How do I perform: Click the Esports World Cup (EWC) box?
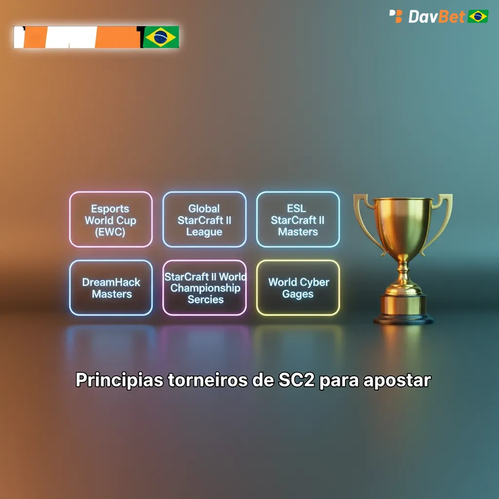pyautogui.click(x=111, y=219)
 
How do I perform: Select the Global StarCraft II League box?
pyautogui.click(x=204, y=219)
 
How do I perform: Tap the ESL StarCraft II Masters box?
pyautogui.click(x=298, y=219)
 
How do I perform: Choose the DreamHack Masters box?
pyautogui.click(x=111, y=288)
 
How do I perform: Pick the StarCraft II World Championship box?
pyautogui.click(x=204, y=288)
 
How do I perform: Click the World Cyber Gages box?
pyautogui.click(x=298, y=288)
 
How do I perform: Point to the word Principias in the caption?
pyautogui.click(x=119, y=380)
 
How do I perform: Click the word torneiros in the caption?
pyautogui.click(x=208, y=380)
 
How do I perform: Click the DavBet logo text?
pyautogui.click(x=436, y=17)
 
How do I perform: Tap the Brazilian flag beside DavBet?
pyautogui.click(x=478, y=17)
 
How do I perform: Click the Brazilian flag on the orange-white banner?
pyautogui.click(x=161, y=37)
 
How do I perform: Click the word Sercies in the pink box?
pyautogui.click(x=205, y=300)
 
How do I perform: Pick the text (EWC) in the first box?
pyautogui.click(x=110, y=232)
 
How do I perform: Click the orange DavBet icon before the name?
pyautogui.click(x=396, y=16)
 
